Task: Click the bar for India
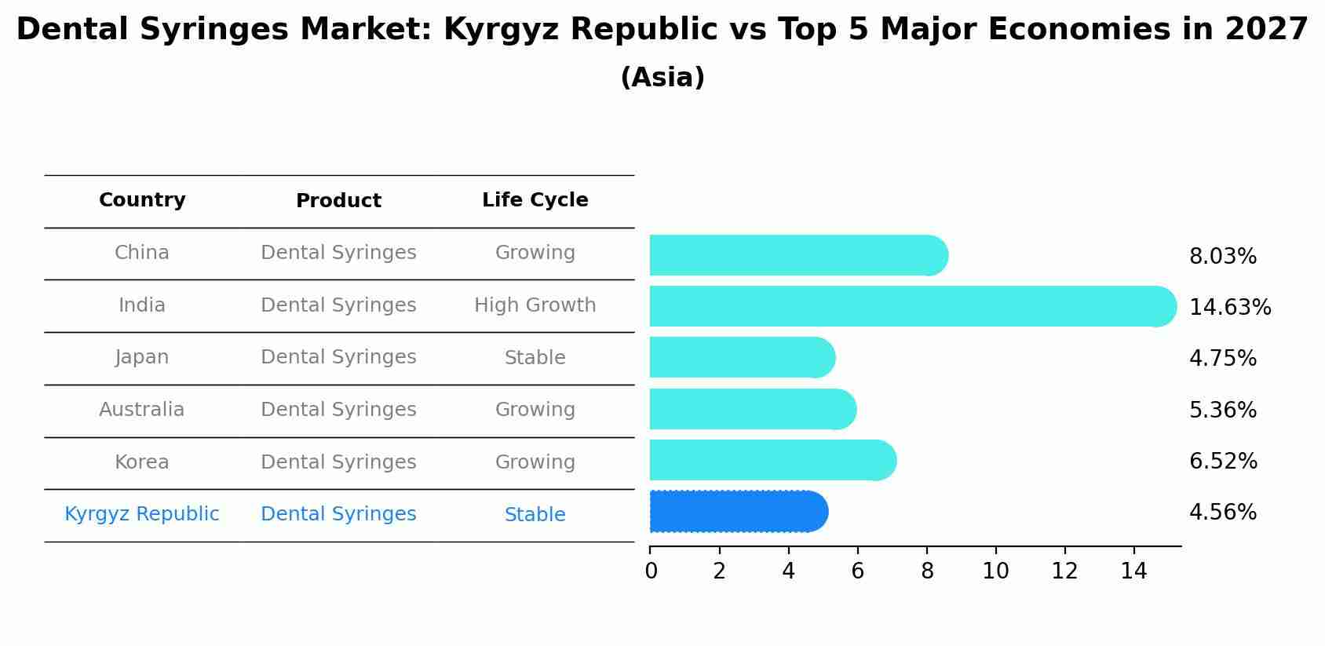click(x=911, y=306)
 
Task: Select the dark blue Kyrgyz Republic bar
click(x=738, y=512)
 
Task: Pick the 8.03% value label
click(x=1222, y=257)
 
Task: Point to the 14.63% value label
click(x=1229, y=308)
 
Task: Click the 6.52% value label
click(x=1222, y=462)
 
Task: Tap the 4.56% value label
click(x=1222, y=513)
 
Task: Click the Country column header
click(x=142, y=200)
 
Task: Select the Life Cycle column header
click(x=535, y=200)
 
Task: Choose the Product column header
click(x=338, y=201)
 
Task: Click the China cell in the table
click(x=142, y=253)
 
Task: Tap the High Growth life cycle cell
click(x=535, y=305)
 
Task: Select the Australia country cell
click(x=142, y=410)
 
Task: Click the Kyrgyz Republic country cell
click(x=142, y=514)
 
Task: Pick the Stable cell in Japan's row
click(x=535, y=358)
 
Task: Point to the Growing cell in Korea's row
click(x=535, y=462)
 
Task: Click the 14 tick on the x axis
click(x=1133, y=571)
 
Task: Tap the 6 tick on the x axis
click(x=857, y=571)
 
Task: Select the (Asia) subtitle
click(x=662, y=78)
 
